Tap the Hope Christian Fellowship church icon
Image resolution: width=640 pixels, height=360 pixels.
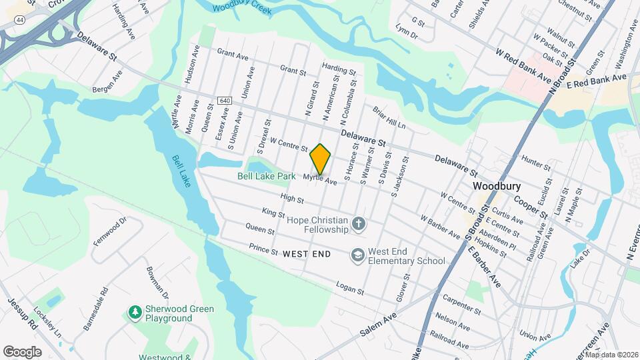click(359, 224)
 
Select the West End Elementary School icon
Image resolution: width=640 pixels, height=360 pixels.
click(359, 255)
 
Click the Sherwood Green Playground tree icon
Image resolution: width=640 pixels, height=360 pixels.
click(135, 312)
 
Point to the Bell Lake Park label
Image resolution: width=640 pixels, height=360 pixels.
click(267, 177)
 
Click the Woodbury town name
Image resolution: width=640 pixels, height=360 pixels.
click(496, 186)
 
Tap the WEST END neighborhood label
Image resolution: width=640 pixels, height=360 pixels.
click(307, 254)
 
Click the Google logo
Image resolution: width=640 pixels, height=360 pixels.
click(22, 351)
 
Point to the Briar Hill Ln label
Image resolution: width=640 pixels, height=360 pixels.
click(389, 118)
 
